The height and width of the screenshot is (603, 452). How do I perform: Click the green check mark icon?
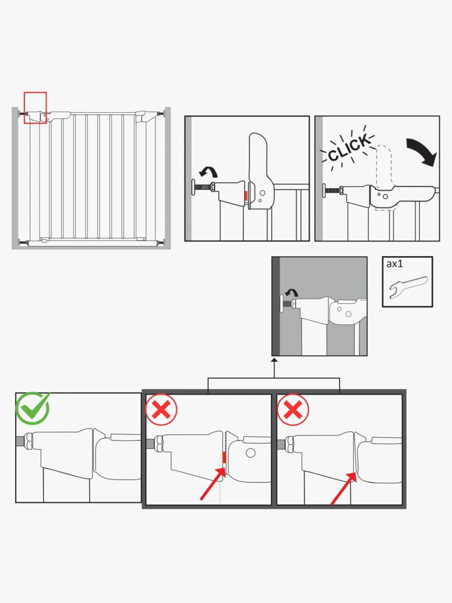click(32, 409)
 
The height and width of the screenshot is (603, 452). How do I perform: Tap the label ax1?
click(394, 264)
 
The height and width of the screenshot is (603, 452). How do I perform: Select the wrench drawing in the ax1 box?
click(408, 287)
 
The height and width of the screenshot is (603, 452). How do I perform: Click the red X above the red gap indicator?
click(161, 410)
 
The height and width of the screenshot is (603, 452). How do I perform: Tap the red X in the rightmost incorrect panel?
click(293, 410)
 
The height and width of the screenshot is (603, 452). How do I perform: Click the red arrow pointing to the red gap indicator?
click(213, 483)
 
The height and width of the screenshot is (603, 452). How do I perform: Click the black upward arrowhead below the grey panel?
click(275, 360)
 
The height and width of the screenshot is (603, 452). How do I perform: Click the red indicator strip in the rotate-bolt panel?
click(246, 196)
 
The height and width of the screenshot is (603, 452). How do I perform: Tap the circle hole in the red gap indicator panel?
click(250, 453)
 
